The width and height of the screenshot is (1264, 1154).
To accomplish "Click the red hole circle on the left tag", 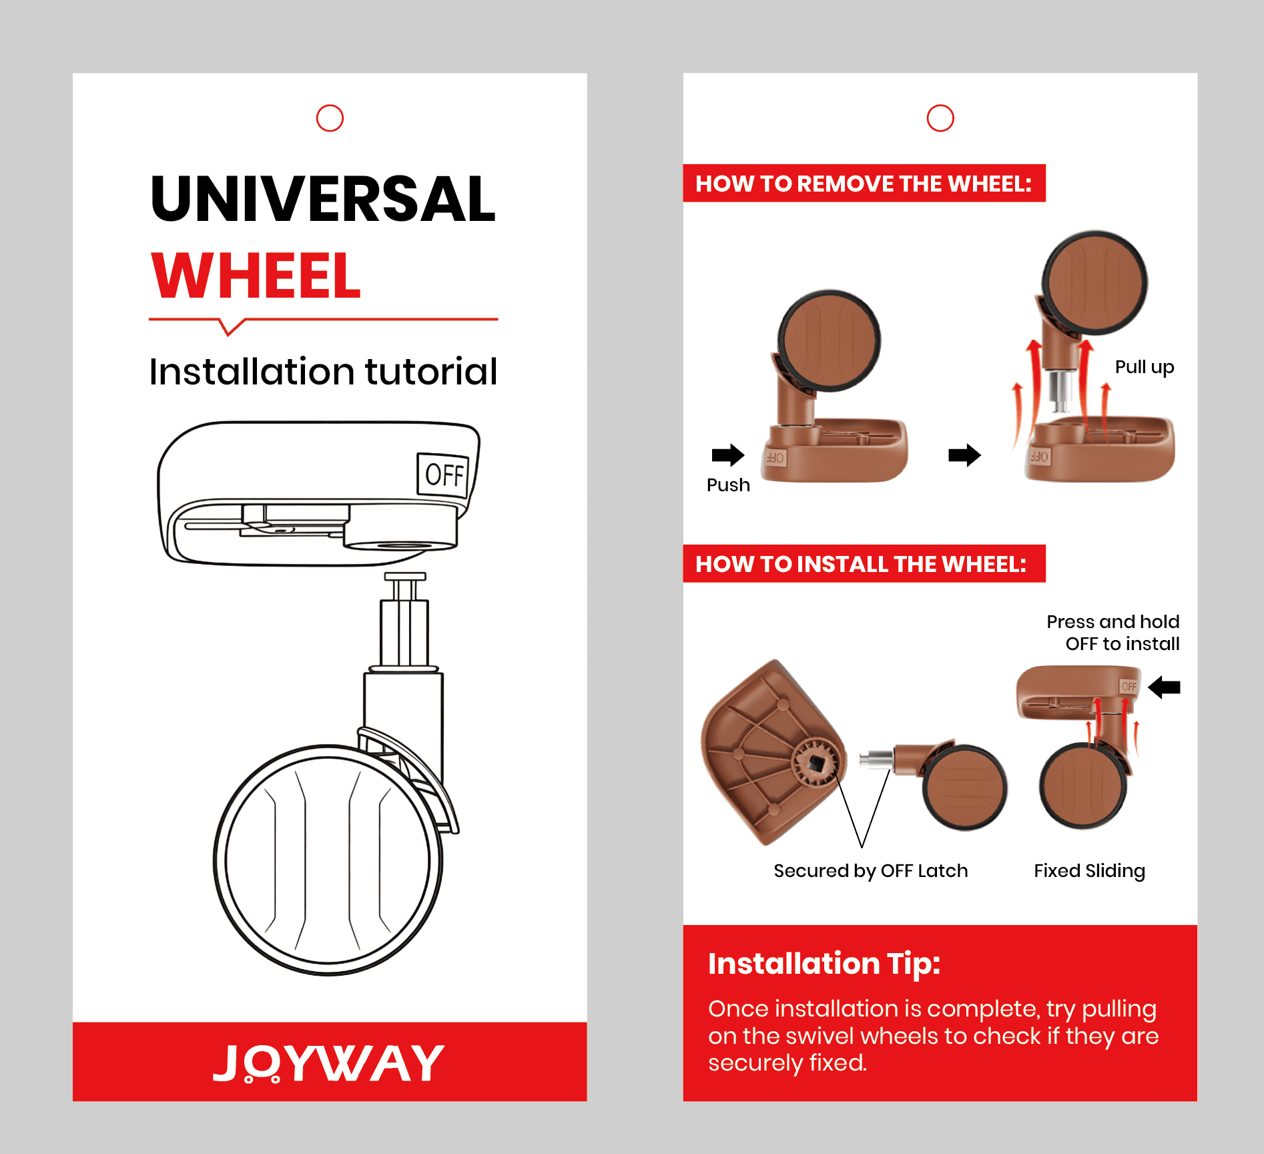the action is [330, 105].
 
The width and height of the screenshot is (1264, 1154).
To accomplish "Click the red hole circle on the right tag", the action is [940, 105].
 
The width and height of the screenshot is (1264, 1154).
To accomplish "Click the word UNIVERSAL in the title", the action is [324, 198].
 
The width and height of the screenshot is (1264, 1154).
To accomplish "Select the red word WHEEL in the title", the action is [256, 275].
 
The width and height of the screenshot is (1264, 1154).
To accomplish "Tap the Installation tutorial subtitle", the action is [324, 371].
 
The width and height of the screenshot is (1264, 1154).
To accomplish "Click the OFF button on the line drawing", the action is [442, 475].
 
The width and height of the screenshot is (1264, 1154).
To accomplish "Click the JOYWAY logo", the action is [329, 1063].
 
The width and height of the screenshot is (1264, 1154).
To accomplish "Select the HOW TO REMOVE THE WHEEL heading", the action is [864, 184].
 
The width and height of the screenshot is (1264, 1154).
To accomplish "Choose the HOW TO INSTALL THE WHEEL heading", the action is [861, 564].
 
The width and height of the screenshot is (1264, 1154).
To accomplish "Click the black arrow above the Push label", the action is [728, 455].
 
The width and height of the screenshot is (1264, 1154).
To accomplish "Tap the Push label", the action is [728, 485].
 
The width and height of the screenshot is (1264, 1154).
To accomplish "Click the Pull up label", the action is [1145, 368].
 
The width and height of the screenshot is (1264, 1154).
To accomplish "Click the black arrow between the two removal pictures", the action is [964, 455].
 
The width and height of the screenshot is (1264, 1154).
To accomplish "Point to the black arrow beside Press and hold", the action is [1165, 687].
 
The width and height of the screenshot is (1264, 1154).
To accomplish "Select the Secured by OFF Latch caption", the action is [871, 871].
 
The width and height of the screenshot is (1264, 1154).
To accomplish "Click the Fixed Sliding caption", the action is [1090, 871].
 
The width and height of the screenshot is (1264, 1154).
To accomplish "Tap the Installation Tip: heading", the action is [824, 964].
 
